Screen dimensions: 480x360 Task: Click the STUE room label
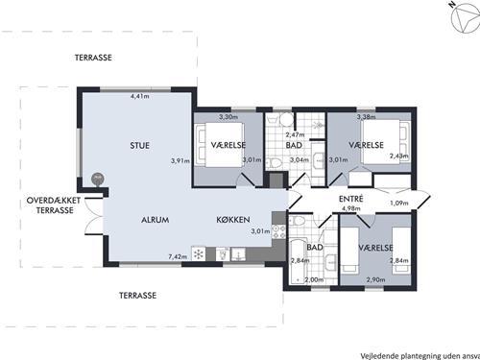(x=140, y=146)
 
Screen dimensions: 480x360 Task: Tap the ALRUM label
(x=156, y=220)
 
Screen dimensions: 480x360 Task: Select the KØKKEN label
(x=233, y=220)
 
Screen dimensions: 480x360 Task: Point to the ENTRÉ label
(x=351, y=199)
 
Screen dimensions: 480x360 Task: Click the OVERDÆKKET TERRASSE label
(x=54, y=205)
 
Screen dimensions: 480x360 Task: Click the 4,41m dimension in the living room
(x=140, y=96)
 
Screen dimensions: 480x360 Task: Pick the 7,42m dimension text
(x=178, y=256)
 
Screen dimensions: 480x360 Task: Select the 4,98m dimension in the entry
(x=351, y=208)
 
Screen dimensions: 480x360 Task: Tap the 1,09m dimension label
(x=399, y=203)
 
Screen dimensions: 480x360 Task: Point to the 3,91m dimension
(x=180, y=160)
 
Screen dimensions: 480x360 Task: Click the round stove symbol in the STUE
(x=98, y=179)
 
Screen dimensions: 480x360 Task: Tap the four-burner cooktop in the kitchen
(x=278, y=231)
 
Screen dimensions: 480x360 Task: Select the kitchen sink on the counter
(x=239, y=253)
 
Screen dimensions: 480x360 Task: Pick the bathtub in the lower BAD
(x=298, y=260)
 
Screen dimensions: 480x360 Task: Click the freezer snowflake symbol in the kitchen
(x=199, y=254)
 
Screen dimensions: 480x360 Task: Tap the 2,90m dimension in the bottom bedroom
(x=375, y=279)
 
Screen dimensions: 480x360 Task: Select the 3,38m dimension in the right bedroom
(x=367, y=117)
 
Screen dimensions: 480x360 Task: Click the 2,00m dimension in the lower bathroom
(x=314, y=279)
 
